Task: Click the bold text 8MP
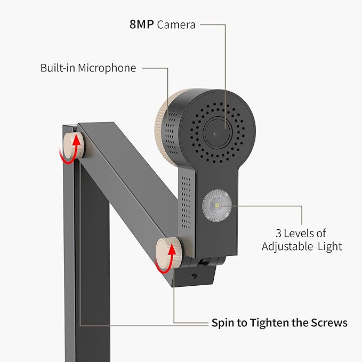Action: [x=141, y=25]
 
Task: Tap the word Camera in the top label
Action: [x=176, y=25]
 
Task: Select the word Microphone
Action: [x=107, y=68]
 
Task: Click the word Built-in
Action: [x=58, y=68]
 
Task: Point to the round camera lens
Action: [x=217, y=133]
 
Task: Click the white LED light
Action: [x=217, y=205]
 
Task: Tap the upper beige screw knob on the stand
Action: [x=74, y=146]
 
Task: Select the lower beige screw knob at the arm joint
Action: [x=168, y=253]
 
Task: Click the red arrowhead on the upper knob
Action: [x=76, y=141]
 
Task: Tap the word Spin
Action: [x=223, y=323]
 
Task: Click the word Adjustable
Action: [x=287, y=247]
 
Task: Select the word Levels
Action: [x=298, y=234]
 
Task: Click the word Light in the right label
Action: [x=329, y=247]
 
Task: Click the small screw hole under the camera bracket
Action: [x=194, y=276]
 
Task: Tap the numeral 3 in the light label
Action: [x=278, y=234]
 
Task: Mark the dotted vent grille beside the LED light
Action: [x=186, y=203]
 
